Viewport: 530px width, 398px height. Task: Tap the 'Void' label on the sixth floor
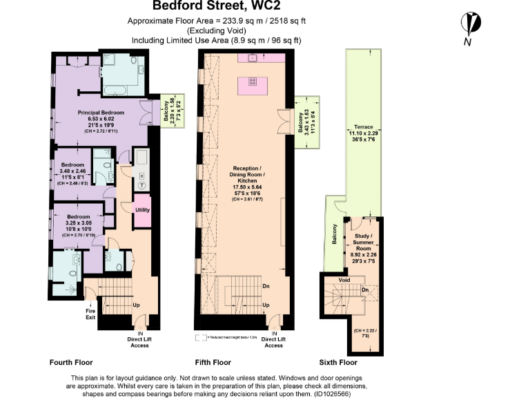(344, 280)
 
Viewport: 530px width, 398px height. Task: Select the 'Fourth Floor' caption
(70, 362)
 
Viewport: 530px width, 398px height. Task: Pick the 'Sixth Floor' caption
(338, 362)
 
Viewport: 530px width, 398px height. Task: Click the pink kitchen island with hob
(253, 86)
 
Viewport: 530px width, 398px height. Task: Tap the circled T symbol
(142, 184)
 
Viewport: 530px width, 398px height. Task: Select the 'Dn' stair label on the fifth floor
(266, 285)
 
